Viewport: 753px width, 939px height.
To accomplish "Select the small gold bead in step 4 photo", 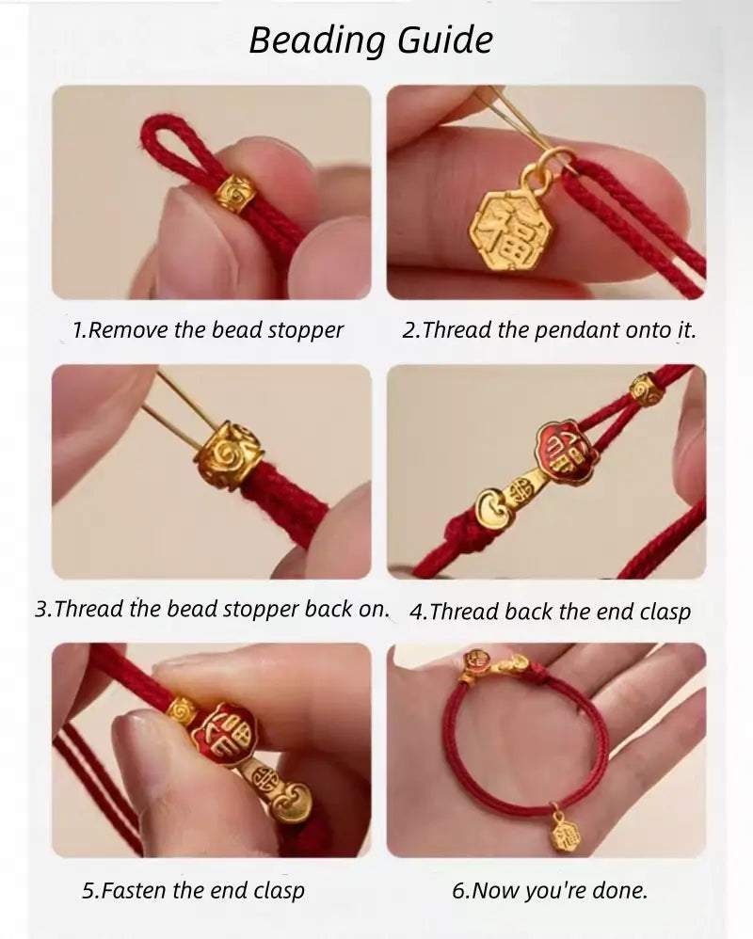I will [x=646, y=390].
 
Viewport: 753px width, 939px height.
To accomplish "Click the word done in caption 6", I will [x=621, y=890].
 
